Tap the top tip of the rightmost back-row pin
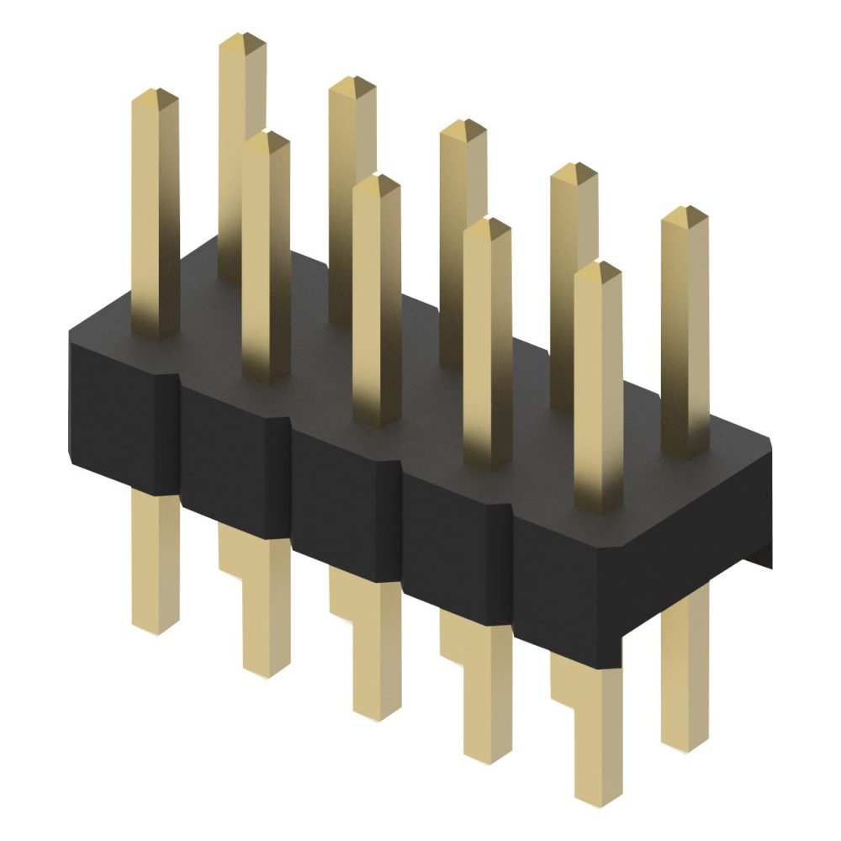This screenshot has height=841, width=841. (x=685, y=212)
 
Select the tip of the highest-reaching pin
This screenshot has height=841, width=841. (x=242, y=39)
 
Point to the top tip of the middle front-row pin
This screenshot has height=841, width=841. (x=377, y=180)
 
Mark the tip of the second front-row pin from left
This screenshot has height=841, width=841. (x=267, y=137)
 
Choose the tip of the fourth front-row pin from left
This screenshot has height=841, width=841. (x=488, y=224)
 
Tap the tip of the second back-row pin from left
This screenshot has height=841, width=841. (x=352, y=82)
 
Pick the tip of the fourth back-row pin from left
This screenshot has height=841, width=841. (x=574, y=169)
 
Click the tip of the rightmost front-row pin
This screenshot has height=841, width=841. (x=598, y=267)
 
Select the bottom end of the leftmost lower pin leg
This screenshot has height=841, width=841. (x=156, y=627)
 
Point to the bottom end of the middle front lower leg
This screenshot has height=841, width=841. (x=377, y=715)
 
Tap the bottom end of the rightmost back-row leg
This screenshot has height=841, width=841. (x=685, y=744)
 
